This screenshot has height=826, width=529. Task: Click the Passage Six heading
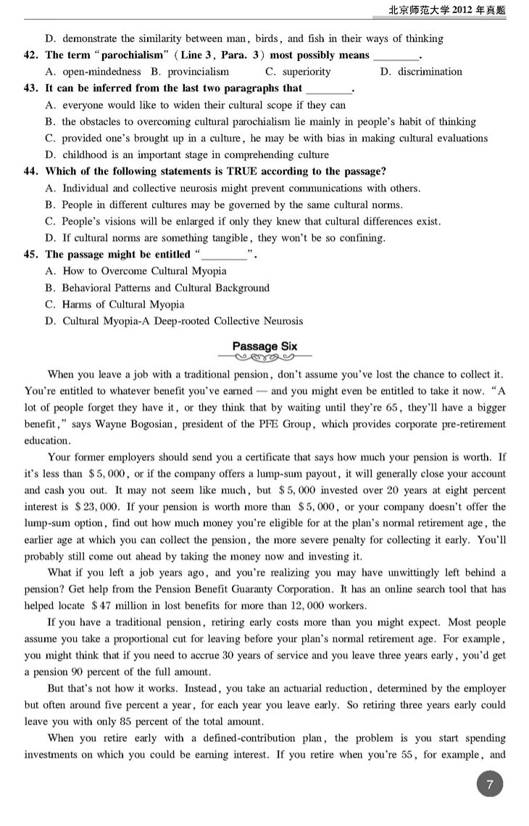tap(264, 347)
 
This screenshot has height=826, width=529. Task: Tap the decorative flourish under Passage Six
tap(264, 358)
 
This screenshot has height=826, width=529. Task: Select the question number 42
tap(30, 55)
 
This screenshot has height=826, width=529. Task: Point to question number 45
tap(30, 255)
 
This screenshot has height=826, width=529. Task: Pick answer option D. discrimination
tap(420, 72)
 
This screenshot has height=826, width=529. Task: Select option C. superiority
tap(298, 72)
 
